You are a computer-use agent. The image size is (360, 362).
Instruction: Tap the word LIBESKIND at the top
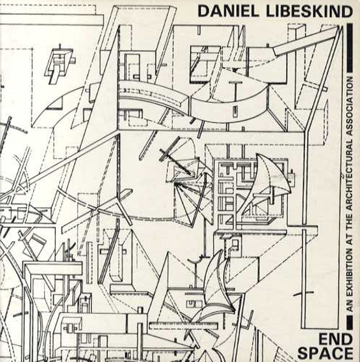pyautogui.click(x=310, y=11)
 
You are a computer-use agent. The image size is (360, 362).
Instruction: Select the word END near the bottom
pyautogui.click(x=336, y=340)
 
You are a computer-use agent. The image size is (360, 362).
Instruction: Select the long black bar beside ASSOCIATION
pyautogui.click(x=350, y=48)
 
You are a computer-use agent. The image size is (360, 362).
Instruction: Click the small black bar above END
pyautogui.click(x=350, y=322)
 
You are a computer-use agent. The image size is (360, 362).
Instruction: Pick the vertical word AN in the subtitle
pyautogui.click(x=350, y=308)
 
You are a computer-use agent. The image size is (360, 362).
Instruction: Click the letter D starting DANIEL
pyautogui.click(x=203, y=11)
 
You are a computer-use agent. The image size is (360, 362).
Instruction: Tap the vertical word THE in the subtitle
pyautogui.click(x=350, y=220)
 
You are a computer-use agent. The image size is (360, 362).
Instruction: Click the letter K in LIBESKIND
pyautogui.click(x=320, y=11)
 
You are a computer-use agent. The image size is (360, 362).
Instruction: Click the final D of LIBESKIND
pyautogui.click(x=347, y=11)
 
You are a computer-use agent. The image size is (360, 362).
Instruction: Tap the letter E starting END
pyautogui.click(x=323, y=340)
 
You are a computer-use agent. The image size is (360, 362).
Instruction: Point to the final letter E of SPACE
pyautogui.click(x=348, y=353)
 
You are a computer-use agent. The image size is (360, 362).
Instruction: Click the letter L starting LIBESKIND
pyautogui.click(x=271, y=11)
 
